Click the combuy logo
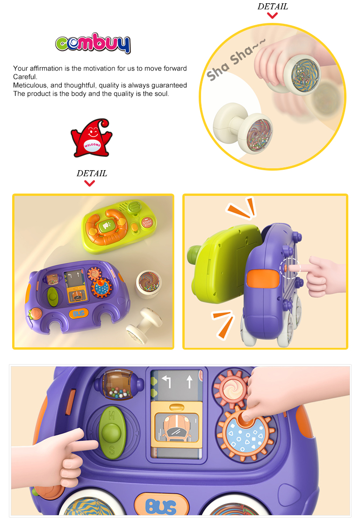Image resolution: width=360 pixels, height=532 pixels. click(x=93, y=43)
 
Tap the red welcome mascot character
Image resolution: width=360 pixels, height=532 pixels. click(x=91, y=138)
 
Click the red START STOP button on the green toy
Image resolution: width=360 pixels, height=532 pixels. click(x=147, y=223)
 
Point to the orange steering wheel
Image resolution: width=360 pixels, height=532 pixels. click(x=107, y=227)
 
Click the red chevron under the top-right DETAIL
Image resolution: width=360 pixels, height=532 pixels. click(x=273, y=15)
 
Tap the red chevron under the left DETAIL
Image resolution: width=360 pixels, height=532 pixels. click(x=90, y=183)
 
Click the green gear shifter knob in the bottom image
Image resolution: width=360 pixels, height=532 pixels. click(x=112, y=432)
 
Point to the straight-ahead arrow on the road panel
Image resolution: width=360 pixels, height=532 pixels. click(x=189, y=381)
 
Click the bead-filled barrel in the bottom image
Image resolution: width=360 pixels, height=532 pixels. click(x=118, y=385)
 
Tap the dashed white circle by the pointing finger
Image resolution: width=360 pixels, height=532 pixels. click(x=289, y=268)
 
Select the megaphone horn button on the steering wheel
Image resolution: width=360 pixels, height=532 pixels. click(x=107, y=226)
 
